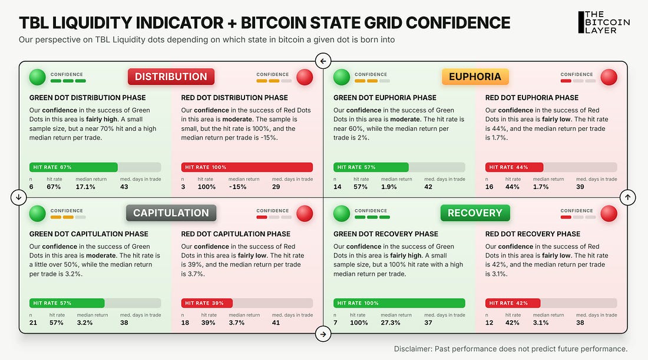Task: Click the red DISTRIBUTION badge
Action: click(x=171, y=77)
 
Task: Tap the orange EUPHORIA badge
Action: click(x=475, y=77)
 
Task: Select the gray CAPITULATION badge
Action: click(x=171, y=213)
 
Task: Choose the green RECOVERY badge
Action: click(x=475, y=213)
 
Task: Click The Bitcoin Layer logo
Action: click(x=604, y=22)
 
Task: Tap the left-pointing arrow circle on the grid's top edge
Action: click(x=323, y=61)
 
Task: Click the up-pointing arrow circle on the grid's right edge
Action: click(x=628, y=197)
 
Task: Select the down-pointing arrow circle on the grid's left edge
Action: click(x=19, y=197)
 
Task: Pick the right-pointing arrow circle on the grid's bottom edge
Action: click(x=323, y=334)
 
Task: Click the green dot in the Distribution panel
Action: click(x=37, y=77)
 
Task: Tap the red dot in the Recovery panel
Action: click(x=609, y=213)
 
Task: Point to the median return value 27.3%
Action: click(x=391, y=323)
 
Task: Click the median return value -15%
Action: click(x=237, y=187)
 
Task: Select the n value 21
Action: click(x=33, y=323)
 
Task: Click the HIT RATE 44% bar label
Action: click(x=508, y=167)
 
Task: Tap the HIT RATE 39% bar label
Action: click(x=204, y=303)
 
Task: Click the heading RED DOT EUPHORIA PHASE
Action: click(x=532, y=98)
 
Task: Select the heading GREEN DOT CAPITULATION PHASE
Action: click(x=89, y=234)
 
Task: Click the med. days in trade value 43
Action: click(x=124, y=187)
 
